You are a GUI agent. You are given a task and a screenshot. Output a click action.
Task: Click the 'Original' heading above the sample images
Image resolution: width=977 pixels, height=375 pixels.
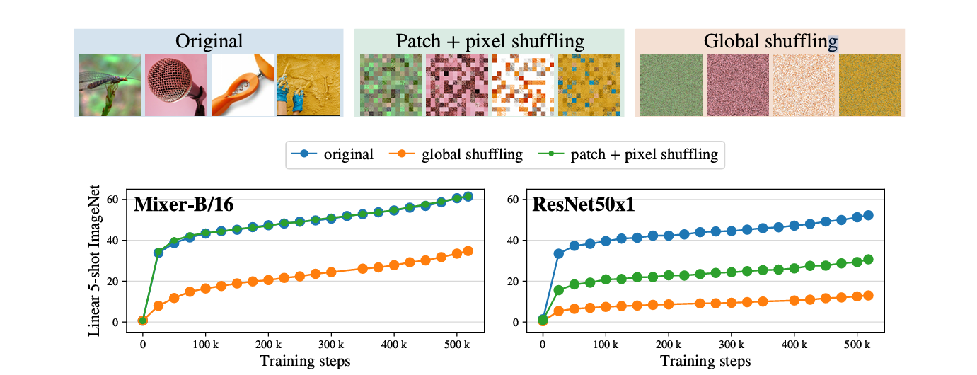[209, 41]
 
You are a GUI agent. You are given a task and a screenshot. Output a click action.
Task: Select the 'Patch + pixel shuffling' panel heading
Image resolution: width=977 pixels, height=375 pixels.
[489, 41]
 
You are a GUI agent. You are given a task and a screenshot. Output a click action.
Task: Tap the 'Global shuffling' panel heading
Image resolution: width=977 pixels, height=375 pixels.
[770, 41]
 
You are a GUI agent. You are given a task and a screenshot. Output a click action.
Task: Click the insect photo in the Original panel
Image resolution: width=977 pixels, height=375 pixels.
[110, 86]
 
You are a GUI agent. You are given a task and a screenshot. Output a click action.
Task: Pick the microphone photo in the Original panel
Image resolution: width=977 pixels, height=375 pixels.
[176, 86]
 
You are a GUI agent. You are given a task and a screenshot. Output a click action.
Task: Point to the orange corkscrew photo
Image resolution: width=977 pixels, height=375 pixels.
[242, 86]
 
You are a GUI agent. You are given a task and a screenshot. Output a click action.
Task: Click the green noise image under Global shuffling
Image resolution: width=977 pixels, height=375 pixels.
[671, 86]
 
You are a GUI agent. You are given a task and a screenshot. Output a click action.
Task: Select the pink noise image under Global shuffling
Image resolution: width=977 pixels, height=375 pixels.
[736, 86]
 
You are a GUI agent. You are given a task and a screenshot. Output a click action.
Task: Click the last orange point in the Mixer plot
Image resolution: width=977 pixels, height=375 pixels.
[468, 251]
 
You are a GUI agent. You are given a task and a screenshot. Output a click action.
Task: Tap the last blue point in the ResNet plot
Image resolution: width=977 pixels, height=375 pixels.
[868, 215]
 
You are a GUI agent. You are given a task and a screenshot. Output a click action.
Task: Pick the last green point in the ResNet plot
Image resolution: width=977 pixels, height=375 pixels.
[868, 259]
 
